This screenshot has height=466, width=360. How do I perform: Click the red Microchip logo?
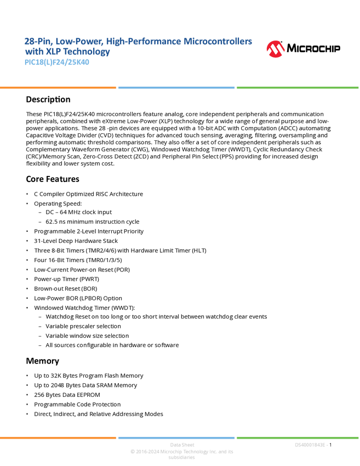point(276,49)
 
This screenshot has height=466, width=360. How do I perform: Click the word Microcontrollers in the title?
point(219,41)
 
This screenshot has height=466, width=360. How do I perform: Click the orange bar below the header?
point(58,88)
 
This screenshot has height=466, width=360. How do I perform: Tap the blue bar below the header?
point(176,88)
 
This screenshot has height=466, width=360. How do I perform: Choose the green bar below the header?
point(298,88)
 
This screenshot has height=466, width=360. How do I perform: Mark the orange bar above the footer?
point(58,437)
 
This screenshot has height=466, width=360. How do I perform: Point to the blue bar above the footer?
point(176,437)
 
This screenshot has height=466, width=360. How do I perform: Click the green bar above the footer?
point(298,437)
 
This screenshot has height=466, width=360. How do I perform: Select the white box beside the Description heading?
point(13,100)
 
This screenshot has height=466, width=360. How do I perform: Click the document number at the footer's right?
point(311,445)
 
